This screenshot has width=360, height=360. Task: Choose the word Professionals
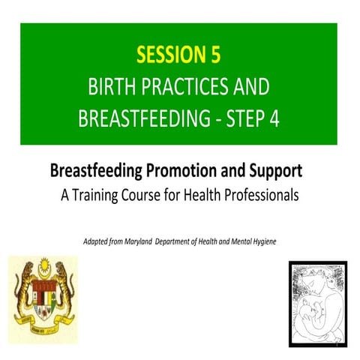[257, 196]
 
